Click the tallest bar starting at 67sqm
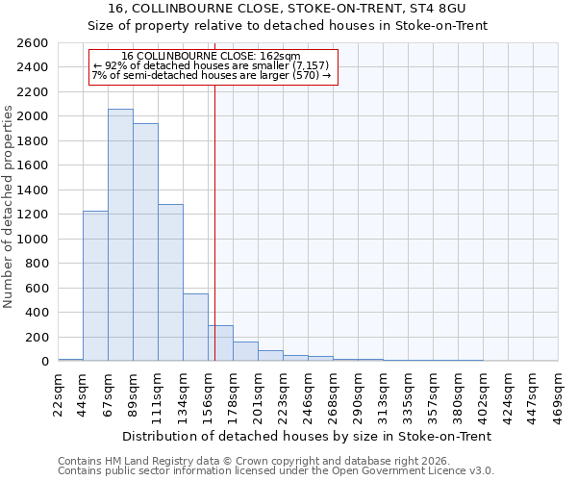click(x=120, y=235)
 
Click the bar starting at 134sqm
click(x=195, y=327)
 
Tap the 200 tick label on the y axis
click(x=38, y=338)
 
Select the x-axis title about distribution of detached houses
click(x=308, y=436)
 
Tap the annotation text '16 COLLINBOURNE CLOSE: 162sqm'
click(x=212, y=56)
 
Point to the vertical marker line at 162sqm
click(x=214, y=221)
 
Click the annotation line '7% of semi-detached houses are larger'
click(x=212, y=75)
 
